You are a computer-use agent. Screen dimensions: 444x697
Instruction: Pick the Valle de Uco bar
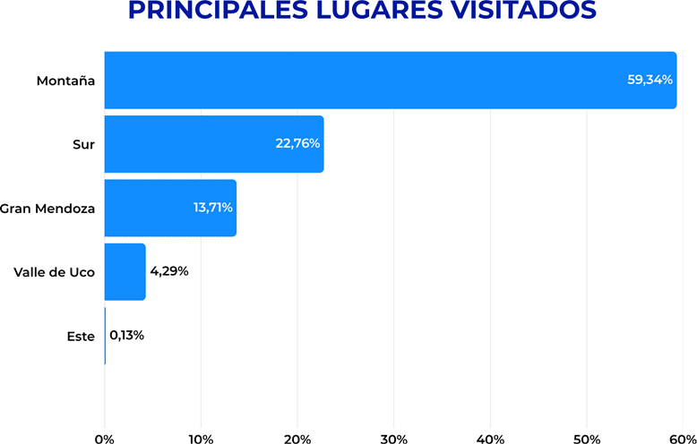pyautogui.click(x=125, y=271)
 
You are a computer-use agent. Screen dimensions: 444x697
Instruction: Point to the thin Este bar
pyautogui.click(x=105, y=336)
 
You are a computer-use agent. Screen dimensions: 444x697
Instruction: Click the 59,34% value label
pyautogui.click(x=650, y=80)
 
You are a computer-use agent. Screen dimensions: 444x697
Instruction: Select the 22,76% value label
pyautogui.click(x=297, y=144)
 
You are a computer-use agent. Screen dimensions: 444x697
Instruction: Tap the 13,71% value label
pyautogui.click(x=213, y=208)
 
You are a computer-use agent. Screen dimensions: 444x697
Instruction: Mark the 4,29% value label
pyautogui.click(x=169, y=271)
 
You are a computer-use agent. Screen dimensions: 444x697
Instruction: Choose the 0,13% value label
pyautogui.click(x=127, y=336)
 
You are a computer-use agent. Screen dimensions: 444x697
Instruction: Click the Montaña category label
pyautogui.click(x=65, y=81)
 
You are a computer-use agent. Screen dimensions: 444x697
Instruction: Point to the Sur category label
pyautogui.click(x=83, y=144)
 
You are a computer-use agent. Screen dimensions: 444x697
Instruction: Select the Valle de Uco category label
pyautogui.click(x=55, y=272)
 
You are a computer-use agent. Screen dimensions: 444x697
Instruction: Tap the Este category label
pyautogui.click(x=81, y=337)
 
